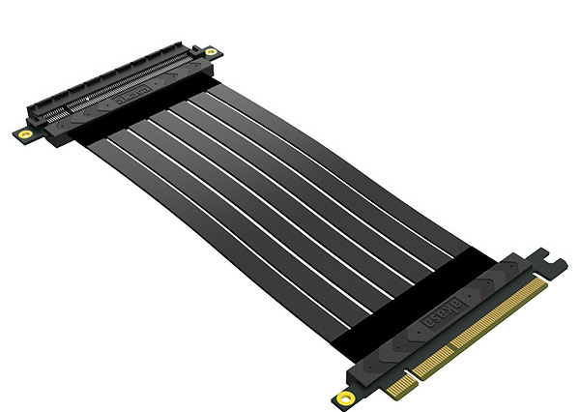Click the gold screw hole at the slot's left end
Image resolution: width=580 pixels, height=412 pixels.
point(21,132)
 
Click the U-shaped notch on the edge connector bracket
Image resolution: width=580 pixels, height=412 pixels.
point(554,257)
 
